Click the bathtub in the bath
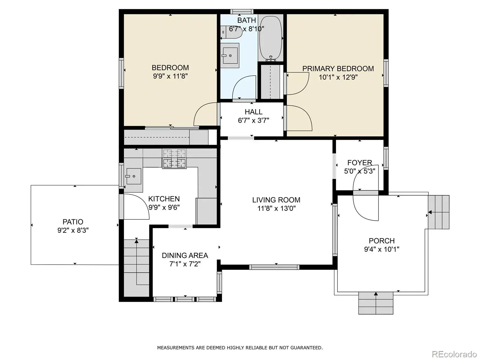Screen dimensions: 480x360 [x=271, y=38]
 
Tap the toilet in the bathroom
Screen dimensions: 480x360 [x=231, y=32]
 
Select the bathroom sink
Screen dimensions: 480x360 [x=229, y=55]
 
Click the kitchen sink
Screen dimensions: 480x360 [x=133, y=176]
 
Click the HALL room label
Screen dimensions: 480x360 [x=253, y=112]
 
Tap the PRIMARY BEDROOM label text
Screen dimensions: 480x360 [x=338, y=69]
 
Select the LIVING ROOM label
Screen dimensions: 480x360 [x=276, y=200]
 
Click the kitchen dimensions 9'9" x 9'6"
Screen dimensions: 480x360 [x=164, y=207]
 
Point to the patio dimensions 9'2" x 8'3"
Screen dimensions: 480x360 [x=73, y=230]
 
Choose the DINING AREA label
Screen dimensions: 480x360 [x=185, y=255]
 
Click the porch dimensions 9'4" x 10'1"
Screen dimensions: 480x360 [x=382, y=249]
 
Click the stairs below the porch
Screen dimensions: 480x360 [x=376, y=303]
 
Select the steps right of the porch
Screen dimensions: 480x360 [x=439, y=212]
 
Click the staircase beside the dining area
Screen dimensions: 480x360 [x=136, y=268]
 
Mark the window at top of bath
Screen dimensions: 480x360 [x=241, y=11]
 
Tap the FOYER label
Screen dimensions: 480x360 [x=360, y=163]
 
